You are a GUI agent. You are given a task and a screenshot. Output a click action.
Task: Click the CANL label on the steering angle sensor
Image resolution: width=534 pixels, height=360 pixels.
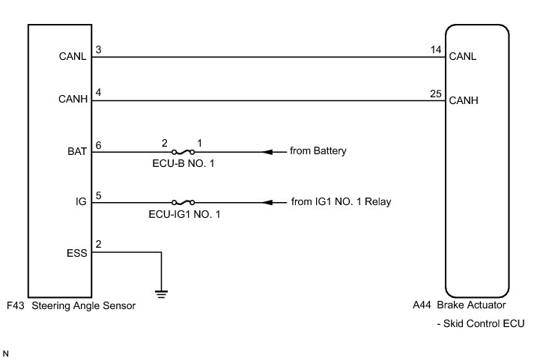pyautogui.click(x=74, y=55)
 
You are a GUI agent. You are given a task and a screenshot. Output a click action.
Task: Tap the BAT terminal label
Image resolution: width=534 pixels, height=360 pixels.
pyautogui.click(x=78, y=151)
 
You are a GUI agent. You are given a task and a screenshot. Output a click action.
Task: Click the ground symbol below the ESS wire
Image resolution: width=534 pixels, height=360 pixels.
pyautogui.click(x=161, y=293)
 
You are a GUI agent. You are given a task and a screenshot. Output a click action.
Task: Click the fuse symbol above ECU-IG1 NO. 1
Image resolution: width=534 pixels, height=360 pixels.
pyautogui.click(x=183, y=202)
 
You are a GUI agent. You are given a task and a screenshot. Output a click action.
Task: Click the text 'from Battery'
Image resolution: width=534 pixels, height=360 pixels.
pyautogui.click(x=318, y=151)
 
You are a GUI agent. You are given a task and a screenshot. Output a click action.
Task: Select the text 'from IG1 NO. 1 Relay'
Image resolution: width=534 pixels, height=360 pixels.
pyautogui.click(x=341, y=202)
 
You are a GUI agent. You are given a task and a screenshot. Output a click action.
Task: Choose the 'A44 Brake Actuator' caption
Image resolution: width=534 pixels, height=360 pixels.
pyautogui.click(x=459, y=306)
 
